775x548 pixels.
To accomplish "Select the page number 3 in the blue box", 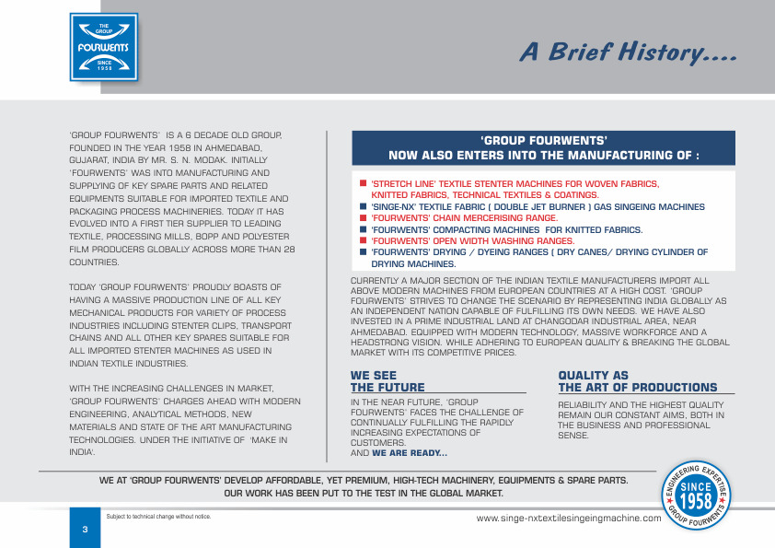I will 84,530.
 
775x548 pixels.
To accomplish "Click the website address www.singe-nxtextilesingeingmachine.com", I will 569,519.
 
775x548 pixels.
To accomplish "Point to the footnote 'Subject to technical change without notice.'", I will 159,516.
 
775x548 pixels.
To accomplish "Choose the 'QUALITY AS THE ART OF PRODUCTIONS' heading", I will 637,381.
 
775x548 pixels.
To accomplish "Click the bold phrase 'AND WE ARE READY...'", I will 399,453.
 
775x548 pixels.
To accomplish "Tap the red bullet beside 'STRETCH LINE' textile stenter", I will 364,183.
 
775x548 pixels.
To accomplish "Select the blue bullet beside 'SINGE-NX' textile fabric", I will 364,206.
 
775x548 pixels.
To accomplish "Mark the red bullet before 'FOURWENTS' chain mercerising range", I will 364,217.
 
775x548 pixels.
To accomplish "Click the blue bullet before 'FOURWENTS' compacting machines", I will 364,228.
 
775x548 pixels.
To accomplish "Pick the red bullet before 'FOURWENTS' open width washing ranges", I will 364,239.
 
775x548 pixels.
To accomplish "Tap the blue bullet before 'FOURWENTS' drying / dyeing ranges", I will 364,251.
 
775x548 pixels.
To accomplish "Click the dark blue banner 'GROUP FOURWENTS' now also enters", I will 543,148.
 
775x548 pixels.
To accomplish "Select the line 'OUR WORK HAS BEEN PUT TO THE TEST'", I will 364,494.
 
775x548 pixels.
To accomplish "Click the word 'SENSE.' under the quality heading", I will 573,435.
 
